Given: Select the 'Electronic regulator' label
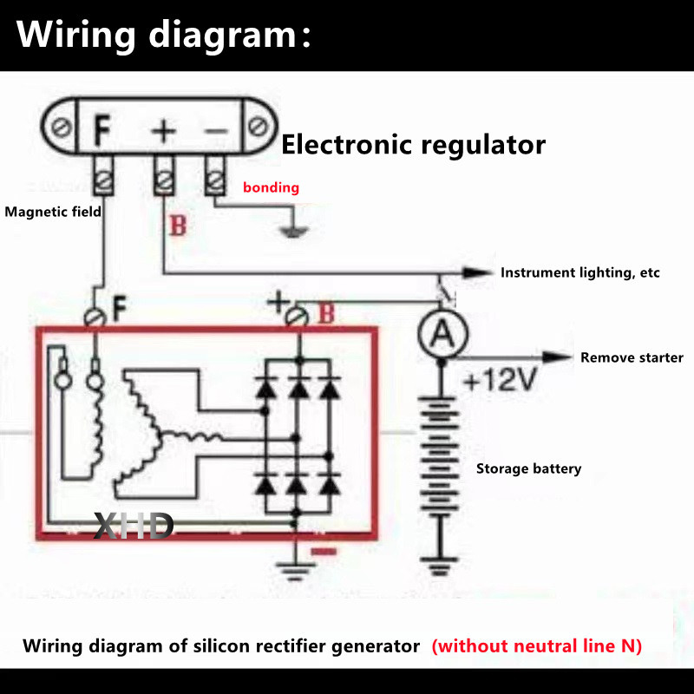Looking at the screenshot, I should (x=413, y=144).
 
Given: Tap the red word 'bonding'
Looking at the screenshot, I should (x=271, y=187).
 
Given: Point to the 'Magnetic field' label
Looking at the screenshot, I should (x=53, y=211).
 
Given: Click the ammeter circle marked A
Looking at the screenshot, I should (x=441, y=333).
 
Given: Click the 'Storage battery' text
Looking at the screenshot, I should (x=528, y=468).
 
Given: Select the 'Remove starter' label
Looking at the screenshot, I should (x=632, y=357).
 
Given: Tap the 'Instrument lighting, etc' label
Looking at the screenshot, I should (x=579, y=272).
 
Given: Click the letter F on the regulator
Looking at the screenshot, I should (x=102, y=131).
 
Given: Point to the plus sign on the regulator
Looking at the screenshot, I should (x=163, y=131).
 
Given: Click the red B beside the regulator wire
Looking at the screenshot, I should (x=178, y=227).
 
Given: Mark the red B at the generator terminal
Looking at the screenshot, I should (x=325, y=314).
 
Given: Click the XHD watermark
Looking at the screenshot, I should (x=134, y=526).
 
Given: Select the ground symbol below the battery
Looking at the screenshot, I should (x=441, y=569).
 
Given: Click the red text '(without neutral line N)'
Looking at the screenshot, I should (x=537, y=646).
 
